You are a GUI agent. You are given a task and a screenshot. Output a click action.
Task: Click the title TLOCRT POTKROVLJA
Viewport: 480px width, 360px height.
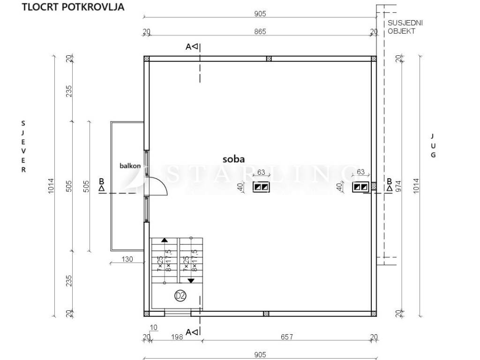coord(73,7)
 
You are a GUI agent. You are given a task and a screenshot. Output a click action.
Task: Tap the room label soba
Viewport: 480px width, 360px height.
coord(233,159)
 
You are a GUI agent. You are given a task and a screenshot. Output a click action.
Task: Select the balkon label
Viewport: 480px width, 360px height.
coord(130,166)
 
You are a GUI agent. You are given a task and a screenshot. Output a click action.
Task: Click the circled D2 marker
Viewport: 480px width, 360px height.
coord(180,296)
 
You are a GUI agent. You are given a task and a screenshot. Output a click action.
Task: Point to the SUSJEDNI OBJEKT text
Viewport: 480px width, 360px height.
coord(405,27)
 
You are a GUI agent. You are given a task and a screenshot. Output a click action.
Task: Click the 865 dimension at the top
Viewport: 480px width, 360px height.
coord(260,31)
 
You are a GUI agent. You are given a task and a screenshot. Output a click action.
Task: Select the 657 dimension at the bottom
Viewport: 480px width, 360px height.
coord(287,337)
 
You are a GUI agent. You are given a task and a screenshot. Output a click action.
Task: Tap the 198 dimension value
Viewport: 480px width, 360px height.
coord(177,337)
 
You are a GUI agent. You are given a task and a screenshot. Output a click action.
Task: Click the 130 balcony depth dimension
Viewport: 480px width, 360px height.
coord(127,259)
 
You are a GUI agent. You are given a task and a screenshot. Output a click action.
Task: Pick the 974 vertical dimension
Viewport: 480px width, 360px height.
coord(398,186)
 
